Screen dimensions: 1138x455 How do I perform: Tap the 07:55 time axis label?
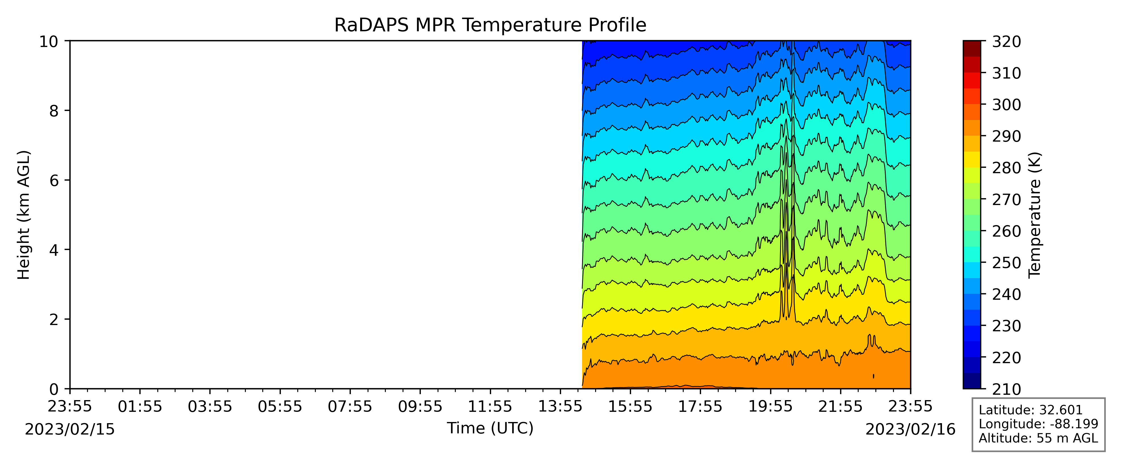point(350,406)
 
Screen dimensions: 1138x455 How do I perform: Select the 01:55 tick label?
point(140,406)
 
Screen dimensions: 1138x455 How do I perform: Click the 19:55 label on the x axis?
point(770,406)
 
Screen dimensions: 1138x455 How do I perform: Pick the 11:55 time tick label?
point(490,406)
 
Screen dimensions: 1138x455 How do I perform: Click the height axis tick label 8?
point(54,111)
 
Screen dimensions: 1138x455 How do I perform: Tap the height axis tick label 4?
point(54,250)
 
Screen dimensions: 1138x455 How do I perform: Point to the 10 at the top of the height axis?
point(49,42)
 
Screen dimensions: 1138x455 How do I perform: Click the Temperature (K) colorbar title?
point(1035,215)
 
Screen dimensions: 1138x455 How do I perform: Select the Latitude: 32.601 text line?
point(1031,410)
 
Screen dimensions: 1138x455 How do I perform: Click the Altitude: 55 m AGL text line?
point(1038,438)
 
